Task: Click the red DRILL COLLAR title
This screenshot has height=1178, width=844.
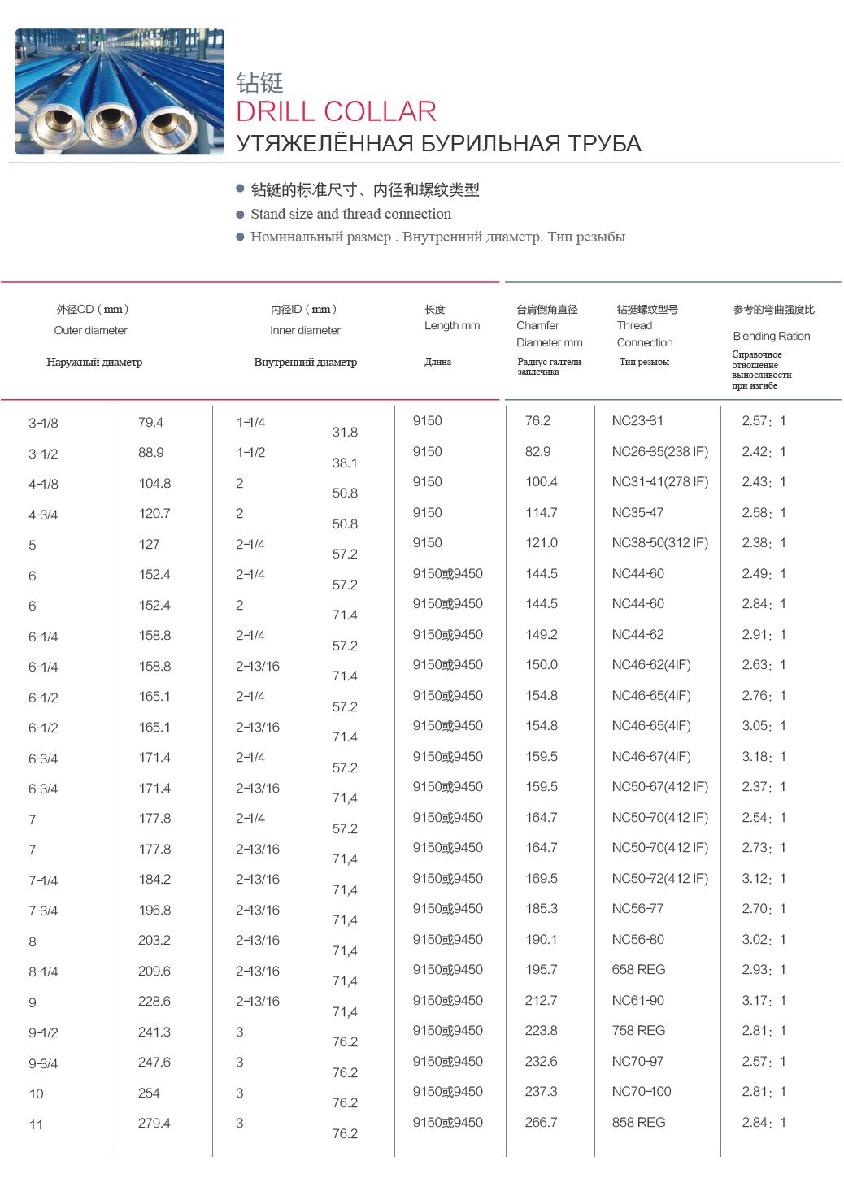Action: pyautogui.click(x=336, y=111)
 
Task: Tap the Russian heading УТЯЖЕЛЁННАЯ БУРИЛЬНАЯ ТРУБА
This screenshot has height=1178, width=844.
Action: pyautogui.click(x=438, y=144)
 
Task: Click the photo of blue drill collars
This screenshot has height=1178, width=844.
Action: pyautogui.click(x=120, y=91)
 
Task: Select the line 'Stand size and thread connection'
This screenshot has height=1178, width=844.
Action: pyautogui.click(x=350, y=214)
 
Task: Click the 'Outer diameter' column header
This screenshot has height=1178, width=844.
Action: pyautogui.click(x=90, y=330)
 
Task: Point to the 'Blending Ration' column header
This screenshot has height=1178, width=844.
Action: pyautogui.click(x=771, y=336)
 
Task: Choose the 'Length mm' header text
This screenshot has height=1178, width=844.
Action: pyautogui.click(x=451, y=325)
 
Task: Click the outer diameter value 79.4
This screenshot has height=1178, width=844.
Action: pyautogui.click(x=150, y=422)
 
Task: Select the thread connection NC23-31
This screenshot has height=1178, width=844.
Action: pyautogui.click(x=637, y=420)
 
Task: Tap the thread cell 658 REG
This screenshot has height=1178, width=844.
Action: pyautogui.click(x=638, y=969)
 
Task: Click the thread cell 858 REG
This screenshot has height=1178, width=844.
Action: pyautogui.click(x=638, y=1122)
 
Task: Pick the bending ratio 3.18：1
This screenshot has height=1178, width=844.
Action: pyautogui.click(x=764, y=756)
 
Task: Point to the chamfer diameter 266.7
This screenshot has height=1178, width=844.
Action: pyautogui.click(x=541, y=1122)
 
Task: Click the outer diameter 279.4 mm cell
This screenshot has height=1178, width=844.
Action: pyautogui.click(x=154, y=1123)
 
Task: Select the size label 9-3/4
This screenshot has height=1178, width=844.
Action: pyautogui.click(x=43, y=1063)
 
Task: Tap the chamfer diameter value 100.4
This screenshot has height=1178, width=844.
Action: pyautogui.click(x=541, y=481)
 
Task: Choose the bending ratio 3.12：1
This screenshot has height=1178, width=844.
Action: pyautogui.click(x=764, y=878)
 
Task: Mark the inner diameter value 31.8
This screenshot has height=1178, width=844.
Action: pyautogui.click(x=345, y=432)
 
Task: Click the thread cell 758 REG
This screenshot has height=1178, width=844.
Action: pyautogui.click(x=638, y=1030)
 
